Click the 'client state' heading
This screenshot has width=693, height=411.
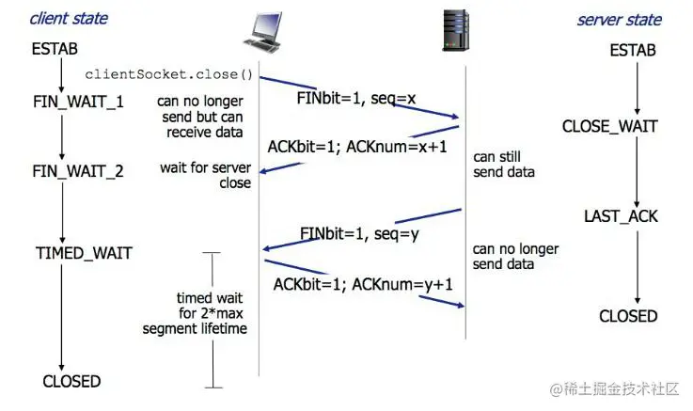(x=69, y=18)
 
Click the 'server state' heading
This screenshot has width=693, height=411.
(x=619, y=19)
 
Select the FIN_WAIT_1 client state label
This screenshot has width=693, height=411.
(x=78, y=101)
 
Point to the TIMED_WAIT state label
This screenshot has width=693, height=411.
(x=84, y=253)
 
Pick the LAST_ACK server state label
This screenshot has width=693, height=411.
(x=621, y=217)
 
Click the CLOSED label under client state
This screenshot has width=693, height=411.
(x=71, y=381)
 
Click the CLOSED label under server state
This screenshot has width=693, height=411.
(x=628, y=316)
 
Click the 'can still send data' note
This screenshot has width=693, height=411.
(x=503, y=165)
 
